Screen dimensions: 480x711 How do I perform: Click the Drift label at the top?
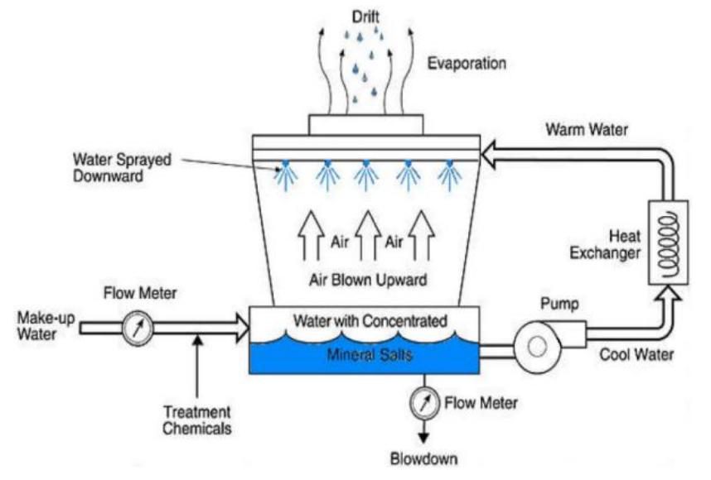[x=365, y=16]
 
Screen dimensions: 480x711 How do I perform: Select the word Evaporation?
[x=467, y=63]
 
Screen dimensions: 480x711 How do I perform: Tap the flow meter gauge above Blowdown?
[x=423, y=403]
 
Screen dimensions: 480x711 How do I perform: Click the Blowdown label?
[x=423, y=458]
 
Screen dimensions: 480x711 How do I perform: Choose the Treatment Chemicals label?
[x=196, y=420]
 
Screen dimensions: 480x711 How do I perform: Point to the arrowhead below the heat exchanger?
[x=668, y=291]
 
